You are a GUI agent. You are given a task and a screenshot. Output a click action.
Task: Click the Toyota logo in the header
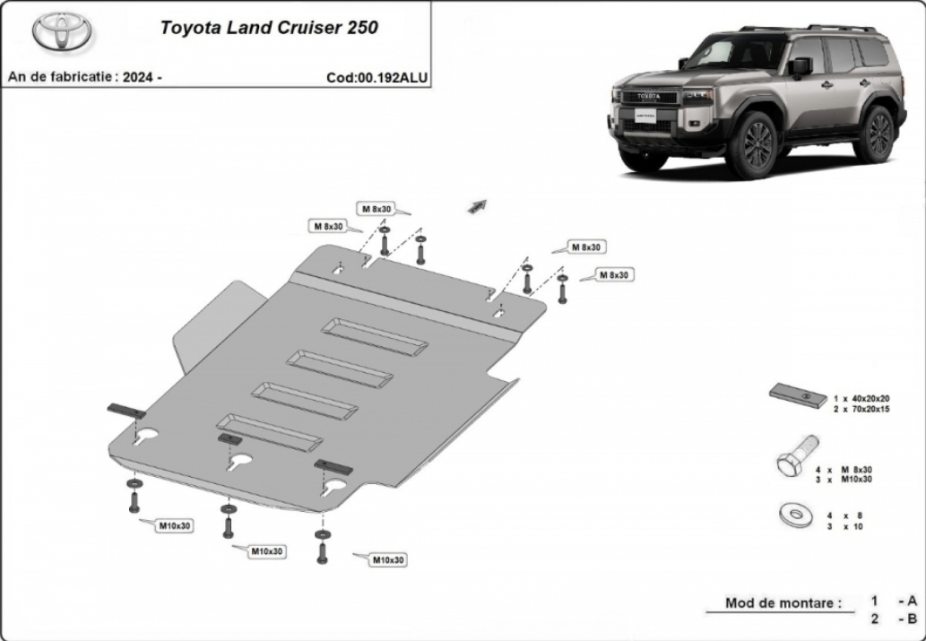coord(62,31)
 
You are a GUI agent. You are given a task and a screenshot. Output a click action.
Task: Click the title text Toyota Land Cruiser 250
coord(269,28)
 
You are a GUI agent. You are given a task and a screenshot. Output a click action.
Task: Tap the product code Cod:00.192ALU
coord(376,78)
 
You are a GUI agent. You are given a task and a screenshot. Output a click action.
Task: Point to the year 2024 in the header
coord(139,77)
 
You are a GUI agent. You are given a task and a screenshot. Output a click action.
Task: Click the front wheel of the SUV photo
coord(752,144)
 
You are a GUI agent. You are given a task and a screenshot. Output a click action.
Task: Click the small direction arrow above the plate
coord(477,205)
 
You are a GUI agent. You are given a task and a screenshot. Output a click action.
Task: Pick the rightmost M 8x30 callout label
coord(614,275)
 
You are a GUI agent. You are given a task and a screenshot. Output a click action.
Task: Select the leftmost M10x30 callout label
coord(175,525)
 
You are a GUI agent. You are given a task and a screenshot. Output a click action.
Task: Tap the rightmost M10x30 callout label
coord(388,560)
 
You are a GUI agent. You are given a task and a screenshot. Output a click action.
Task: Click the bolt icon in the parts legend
coord(797,455)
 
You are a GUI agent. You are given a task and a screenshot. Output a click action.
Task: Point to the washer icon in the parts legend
coord(795,515)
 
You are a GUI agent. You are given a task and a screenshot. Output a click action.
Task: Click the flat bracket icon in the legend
coord(798,395)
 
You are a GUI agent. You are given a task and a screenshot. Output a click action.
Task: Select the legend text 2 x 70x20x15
coord(861,409)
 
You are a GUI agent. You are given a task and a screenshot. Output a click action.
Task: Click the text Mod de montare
coord(783,603)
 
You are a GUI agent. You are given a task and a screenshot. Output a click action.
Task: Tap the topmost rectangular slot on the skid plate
coord(375,337)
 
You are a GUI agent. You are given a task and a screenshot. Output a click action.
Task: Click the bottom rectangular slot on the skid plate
coord(269,432)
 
